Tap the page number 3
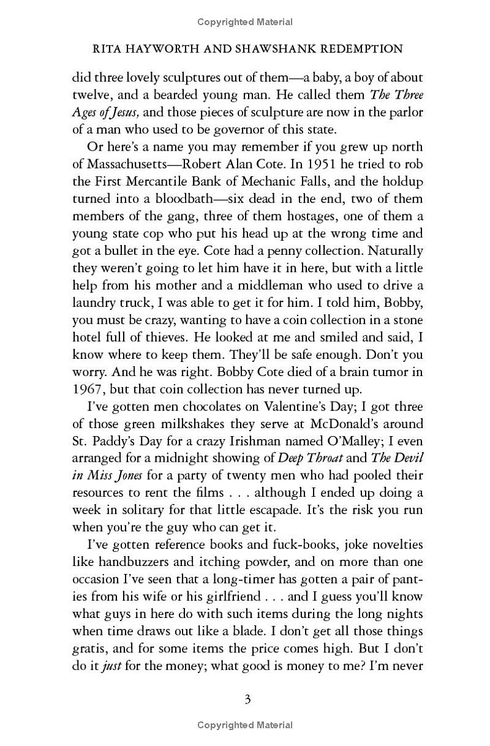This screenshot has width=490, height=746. click(247, 699)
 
